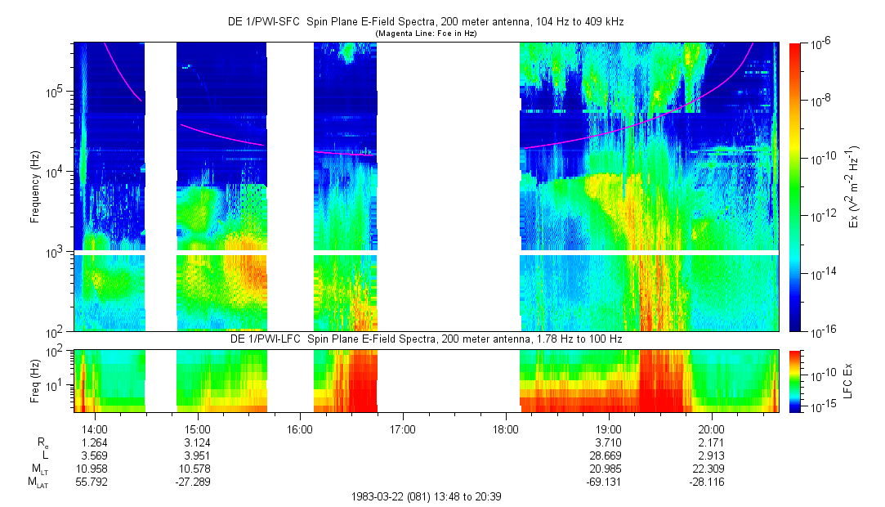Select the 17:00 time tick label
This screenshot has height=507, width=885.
[403, 428]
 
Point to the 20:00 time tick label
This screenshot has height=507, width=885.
[712, 428]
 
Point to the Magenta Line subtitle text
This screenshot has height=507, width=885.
[425, 34]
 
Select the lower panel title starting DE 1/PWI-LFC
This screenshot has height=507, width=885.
[425, 339]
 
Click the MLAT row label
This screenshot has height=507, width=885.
[36, 482]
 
